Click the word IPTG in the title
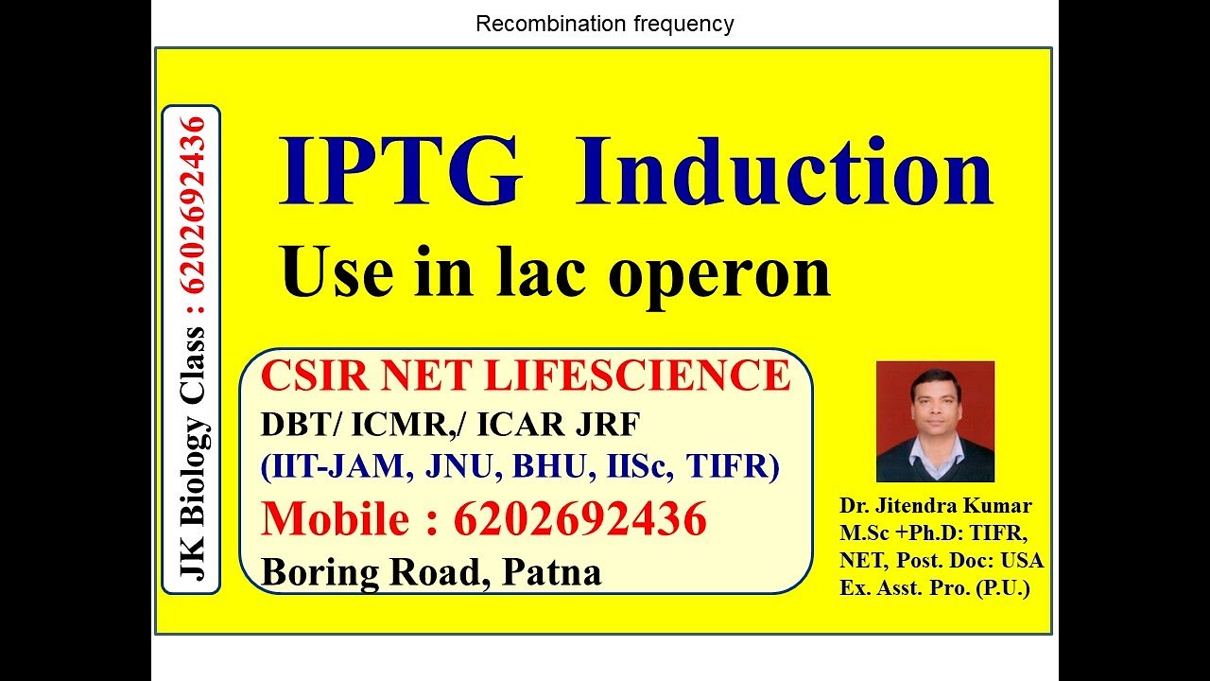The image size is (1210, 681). pyautogui.click(x=400, y=173)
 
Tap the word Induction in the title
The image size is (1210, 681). pyautogui.click(x=784, y=173)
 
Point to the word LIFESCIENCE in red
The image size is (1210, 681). pyautogui.click(x=637, y=375)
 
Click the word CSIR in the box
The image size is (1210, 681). pyautogui.click(x=306, y=375)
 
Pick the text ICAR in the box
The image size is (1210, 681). pyautogui.click(x=519, y=426)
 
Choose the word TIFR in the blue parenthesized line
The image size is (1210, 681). pyautogui.click(x=733, y=467)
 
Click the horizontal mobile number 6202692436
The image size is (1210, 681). pyautogui.click(x=579, y=519)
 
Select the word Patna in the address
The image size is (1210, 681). pyautogui.click(x=552, y=571)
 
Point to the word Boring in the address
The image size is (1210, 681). pyautogui.click(x=315, y=571)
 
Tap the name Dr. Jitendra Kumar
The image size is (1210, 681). pyautogui.click(x=936, y=505)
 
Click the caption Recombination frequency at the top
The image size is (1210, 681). pyautogui.click(x=605, y=24)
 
